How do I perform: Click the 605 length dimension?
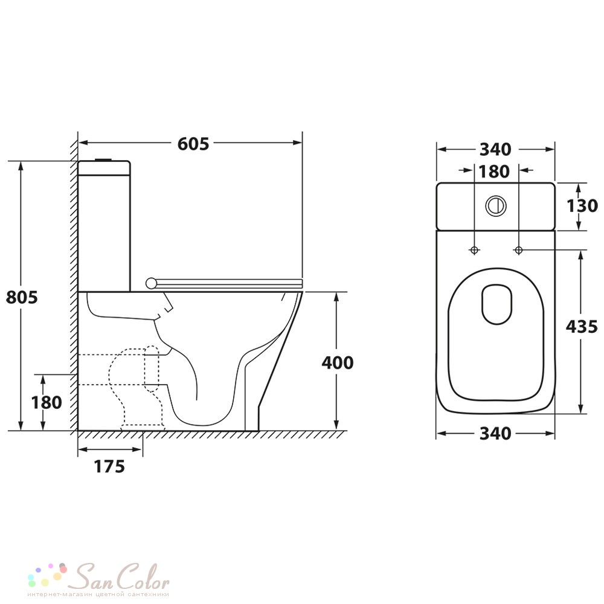(193, 144)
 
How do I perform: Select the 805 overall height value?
(22, 297)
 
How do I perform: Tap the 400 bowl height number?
(338, 362)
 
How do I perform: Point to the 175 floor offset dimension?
(109, 466)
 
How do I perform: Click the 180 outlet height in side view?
(47, 402)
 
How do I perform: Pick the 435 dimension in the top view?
(582, 327)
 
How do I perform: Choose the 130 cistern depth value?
(582, 206)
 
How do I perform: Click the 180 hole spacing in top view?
(494, 172)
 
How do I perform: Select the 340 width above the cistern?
(495, 149)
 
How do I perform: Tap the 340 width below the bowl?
(495, 434)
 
